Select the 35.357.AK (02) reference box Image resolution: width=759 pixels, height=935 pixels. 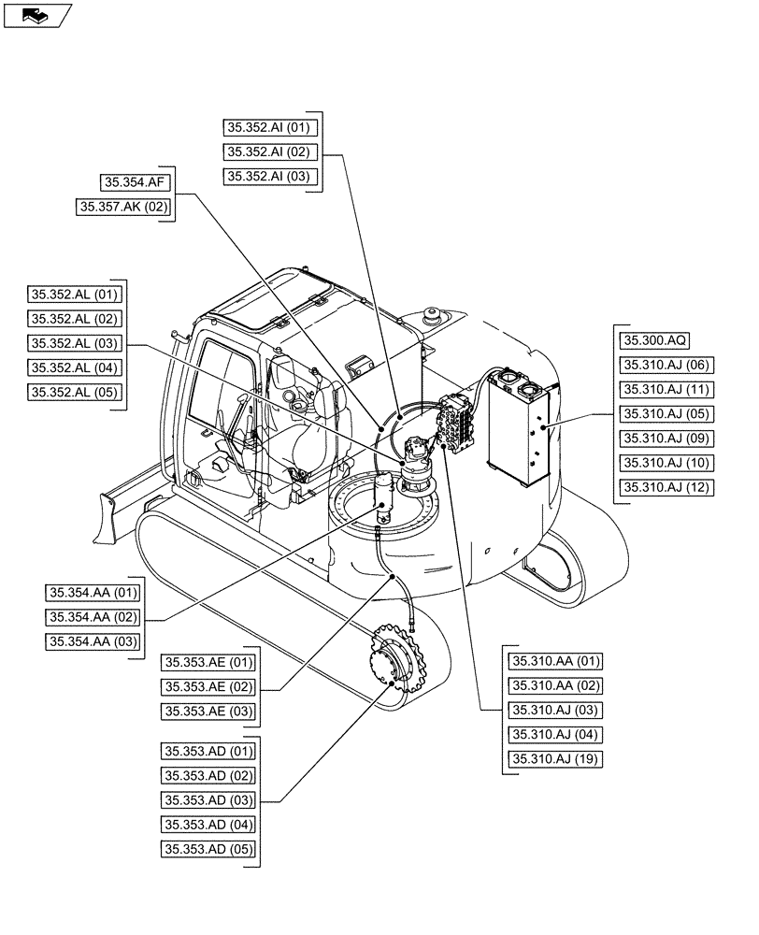125,208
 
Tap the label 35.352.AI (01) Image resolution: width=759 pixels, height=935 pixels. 272,128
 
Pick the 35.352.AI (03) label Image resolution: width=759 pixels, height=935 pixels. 272,177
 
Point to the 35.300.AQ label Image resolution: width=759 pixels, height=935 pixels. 656,340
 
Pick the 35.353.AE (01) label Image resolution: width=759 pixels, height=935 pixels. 208,663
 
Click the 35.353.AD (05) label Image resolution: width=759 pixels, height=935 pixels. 208,849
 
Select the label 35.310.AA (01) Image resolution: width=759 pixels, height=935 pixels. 555,661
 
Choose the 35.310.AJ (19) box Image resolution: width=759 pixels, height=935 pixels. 555,758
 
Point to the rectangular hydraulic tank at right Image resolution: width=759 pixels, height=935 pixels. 518,425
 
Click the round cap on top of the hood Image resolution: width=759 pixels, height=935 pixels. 432,315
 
